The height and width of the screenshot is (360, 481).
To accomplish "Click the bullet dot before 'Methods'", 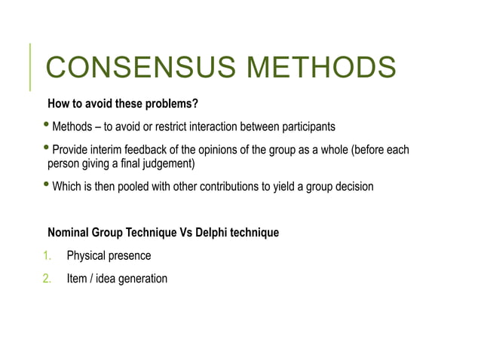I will click(x=47, y=124).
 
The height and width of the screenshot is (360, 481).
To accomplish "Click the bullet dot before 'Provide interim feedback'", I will click(x=47, y=148).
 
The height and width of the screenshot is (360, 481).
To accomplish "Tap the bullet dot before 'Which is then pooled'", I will click(x=47, y=185).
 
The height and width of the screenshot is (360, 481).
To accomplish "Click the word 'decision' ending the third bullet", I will click(x=353, y=186).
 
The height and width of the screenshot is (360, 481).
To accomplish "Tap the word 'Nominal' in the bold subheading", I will click(x=69, y=233).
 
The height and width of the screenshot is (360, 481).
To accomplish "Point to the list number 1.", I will click(x=47, y=256).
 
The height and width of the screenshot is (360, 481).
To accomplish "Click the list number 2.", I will click(x=47, y=279).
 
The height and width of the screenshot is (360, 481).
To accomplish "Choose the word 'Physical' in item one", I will click(x=87, y=256).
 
